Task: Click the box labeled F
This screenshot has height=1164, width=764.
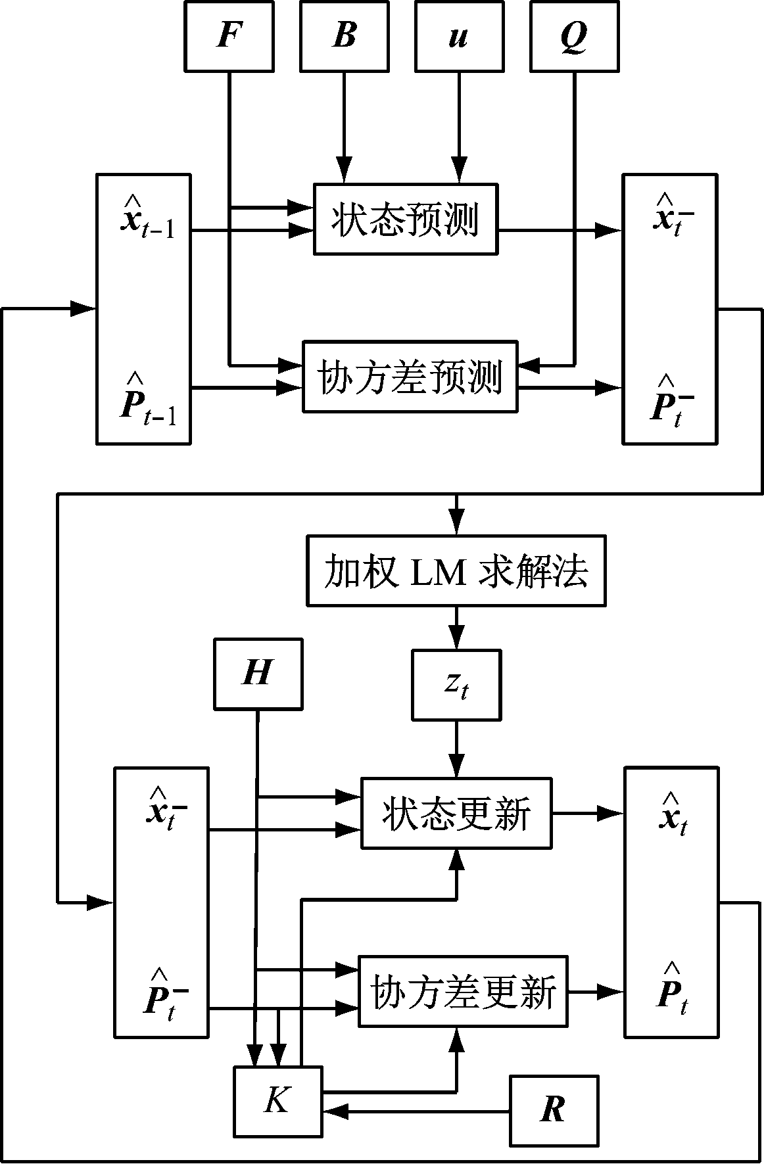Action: point(228,36)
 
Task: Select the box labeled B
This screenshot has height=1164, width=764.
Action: point(344,36)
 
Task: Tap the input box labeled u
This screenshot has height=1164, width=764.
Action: point(458,36)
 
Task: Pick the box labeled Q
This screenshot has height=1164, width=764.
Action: point(574,36)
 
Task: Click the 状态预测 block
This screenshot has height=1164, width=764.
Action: point(405,220)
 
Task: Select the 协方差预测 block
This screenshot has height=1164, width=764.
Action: point(410,377)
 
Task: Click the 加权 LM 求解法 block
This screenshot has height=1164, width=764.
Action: point(456,570)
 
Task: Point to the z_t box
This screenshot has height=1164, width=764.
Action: point(456,685)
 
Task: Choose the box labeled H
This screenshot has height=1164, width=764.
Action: point(258,674)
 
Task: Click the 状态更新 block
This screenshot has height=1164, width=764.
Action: point(456,814)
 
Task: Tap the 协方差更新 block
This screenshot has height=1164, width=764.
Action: point(462,991)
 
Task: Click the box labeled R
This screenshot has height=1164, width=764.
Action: point(554,1111)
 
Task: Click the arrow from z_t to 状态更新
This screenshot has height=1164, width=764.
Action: point(456,749)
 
